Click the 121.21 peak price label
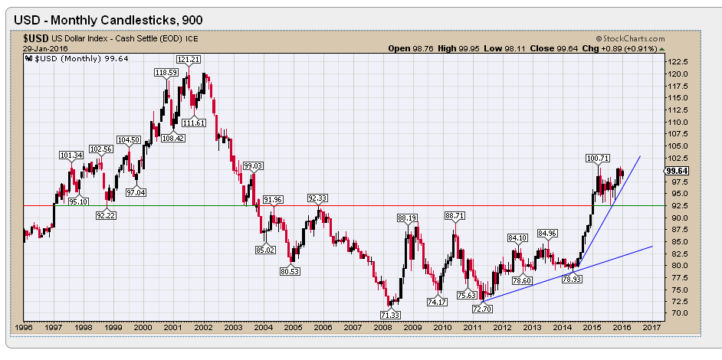(x=189, y=59)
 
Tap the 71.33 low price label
(x=390, y=315)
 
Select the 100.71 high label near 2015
(x=597, y=159)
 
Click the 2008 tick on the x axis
(x=380, y=327)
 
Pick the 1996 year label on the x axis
(x=24, y=327)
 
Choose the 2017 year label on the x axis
(x=651, y=327)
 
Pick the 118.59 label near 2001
(x=166, y=72)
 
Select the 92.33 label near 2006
(x=319, y=198)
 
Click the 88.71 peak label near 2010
(x=455, y=216)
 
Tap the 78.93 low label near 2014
(x=572, y=280)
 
